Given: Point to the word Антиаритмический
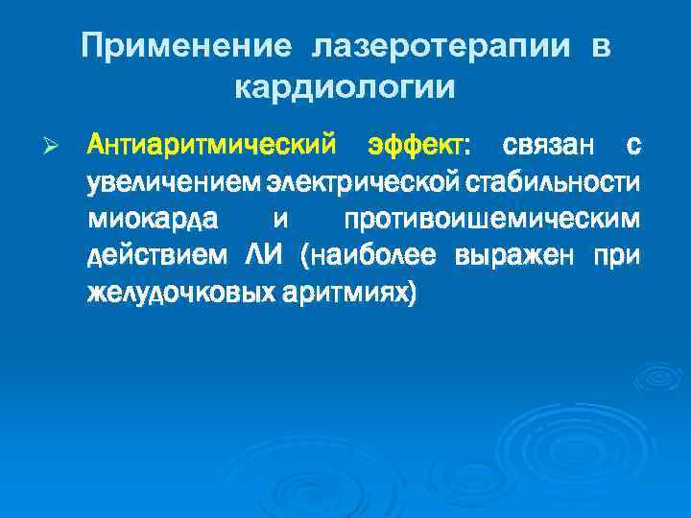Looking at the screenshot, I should pos(212,146).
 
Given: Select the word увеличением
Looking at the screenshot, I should pos(175,182).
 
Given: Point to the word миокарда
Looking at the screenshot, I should pos(154,219).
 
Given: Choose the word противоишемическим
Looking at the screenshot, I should pos(490,219).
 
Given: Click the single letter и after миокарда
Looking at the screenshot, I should pos(280,220).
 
